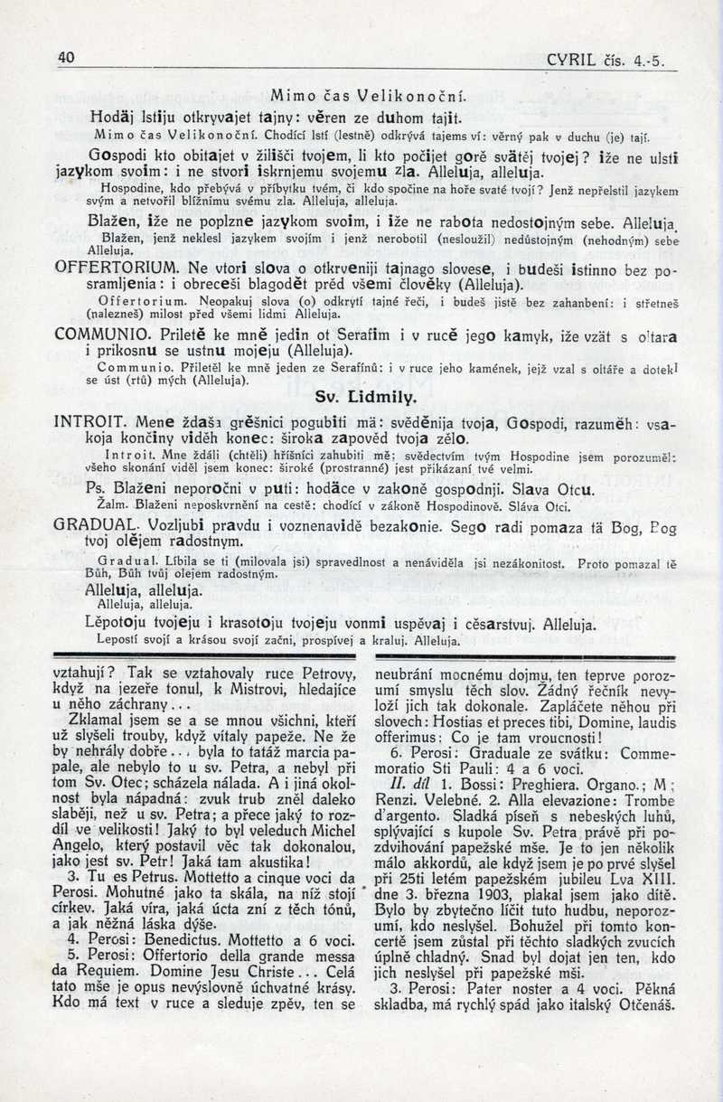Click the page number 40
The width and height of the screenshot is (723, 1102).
(65, 56)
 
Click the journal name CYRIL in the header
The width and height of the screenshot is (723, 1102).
(571, 61)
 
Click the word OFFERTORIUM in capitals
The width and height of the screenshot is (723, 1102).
(117, 268)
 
